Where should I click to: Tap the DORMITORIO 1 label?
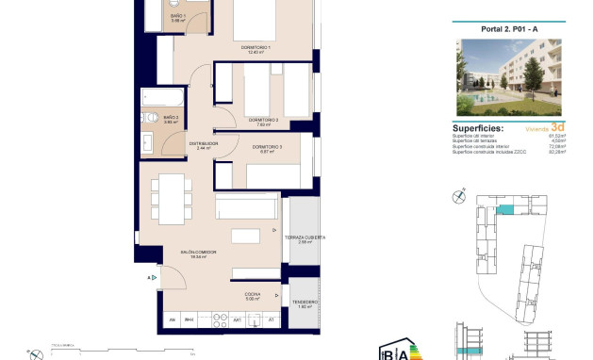(x=256, y=49)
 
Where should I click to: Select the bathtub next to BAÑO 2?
(x=153, y=98)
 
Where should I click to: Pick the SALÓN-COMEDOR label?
(x=200, y=252)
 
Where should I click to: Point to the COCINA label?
(x=253, y=295)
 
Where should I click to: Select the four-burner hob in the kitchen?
(x=223, y=321)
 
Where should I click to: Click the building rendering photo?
(x=508, y=77)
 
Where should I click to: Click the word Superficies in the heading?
(x=478, y=128)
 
